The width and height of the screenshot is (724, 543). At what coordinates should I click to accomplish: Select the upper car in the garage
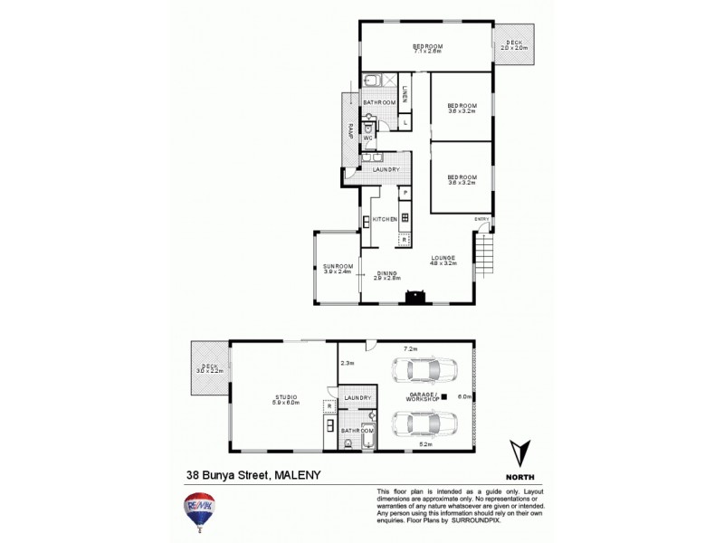click(423, 370)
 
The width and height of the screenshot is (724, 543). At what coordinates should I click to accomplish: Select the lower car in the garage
click(423, 424)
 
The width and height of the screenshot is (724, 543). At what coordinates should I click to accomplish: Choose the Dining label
click(387, 275)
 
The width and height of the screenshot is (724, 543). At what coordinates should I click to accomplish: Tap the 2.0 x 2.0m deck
click(514, 45)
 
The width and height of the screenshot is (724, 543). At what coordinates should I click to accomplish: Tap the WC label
click(367, 138)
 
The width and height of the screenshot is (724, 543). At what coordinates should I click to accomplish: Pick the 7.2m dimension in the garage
click(410, 348)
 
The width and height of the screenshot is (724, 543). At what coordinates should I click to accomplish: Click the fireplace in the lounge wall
click(415, 294)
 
